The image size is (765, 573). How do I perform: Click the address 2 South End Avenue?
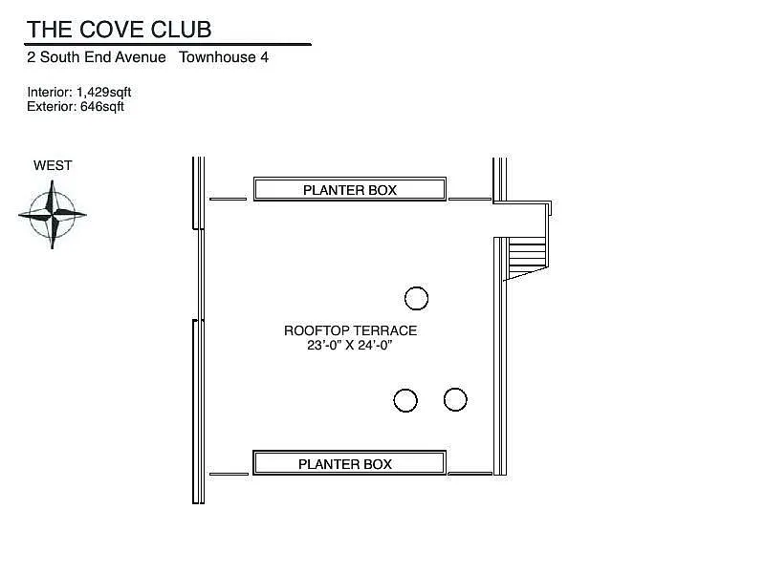(x=96, y=57)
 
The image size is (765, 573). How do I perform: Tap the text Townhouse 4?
(x=224, y=57)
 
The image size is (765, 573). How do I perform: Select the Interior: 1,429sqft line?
(x=79, y=93)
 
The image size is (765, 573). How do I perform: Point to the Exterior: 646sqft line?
(x=76, y=107)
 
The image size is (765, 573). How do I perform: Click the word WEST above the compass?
(x=53, y=165)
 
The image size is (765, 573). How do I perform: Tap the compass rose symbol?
(x=52, y=215)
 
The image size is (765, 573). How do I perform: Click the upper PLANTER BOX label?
(x=349, y=190)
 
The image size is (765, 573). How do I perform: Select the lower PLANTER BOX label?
(x=345, y=464)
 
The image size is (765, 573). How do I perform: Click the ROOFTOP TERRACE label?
(x=350, y=331)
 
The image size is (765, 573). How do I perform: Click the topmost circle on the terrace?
(x=416, y=299)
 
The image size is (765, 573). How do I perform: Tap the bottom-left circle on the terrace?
(x=405, y=400)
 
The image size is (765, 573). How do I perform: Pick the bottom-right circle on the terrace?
(x=455, y=399)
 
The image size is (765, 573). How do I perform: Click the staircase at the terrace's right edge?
(x=525, y=256)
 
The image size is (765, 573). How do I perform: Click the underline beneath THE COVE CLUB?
(x=168, y=44)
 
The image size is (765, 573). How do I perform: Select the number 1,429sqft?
(x=104, y=93)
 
